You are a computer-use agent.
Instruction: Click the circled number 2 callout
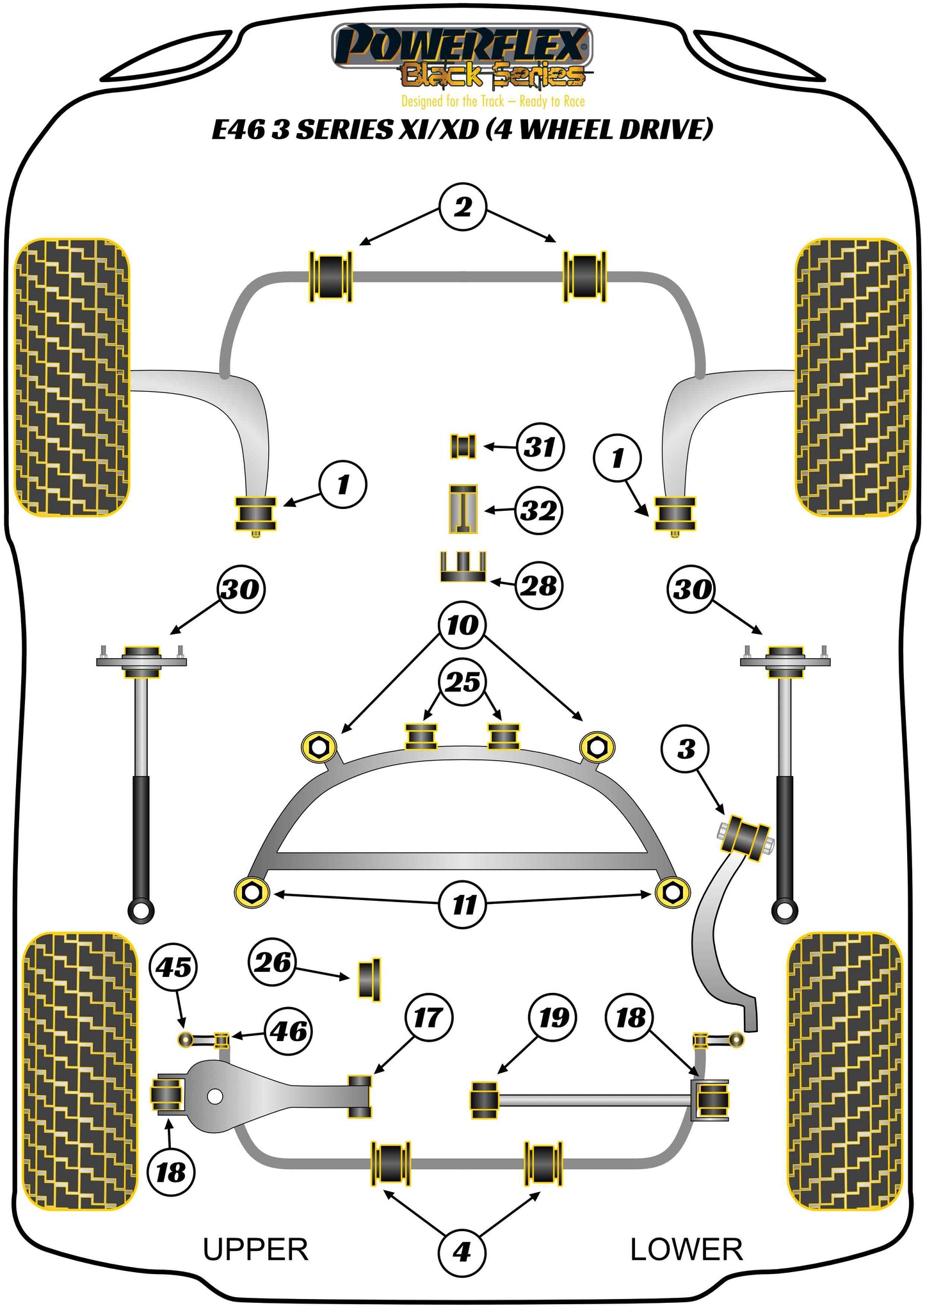(463, 207)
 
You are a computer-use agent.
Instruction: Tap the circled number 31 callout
(540, 447)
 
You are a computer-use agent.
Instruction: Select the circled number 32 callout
(539, 510)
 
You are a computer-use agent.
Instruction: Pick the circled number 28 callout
(539, 585)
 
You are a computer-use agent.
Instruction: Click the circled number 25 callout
(463, 681)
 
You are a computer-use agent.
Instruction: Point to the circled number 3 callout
(686, 748)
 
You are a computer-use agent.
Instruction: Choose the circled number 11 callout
(463, 905)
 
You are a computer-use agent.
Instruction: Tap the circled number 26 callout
(273, 962)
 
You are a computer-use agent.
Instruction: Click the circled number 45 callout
(174, 967)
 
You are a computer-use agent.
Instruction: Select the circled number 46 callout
(289, 1031)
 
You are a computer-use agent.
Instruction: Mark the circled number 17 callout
(428, 1017)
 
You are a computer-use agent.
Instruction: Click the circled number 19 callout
(553, 1017)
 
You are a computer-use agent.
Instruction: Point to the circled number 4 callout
(462, 1252)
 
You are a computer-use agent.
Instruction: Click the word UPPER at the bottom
(255, 1250)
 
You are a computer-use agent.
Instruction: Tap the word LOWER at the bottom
(686, 1250)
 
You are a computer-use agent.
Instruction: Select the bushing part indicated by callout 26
(369, 979)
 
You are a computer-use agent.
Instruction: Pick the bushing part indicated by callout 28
(463, 567)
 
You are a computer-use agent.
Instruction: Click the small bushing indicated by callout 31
(463, 446)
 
